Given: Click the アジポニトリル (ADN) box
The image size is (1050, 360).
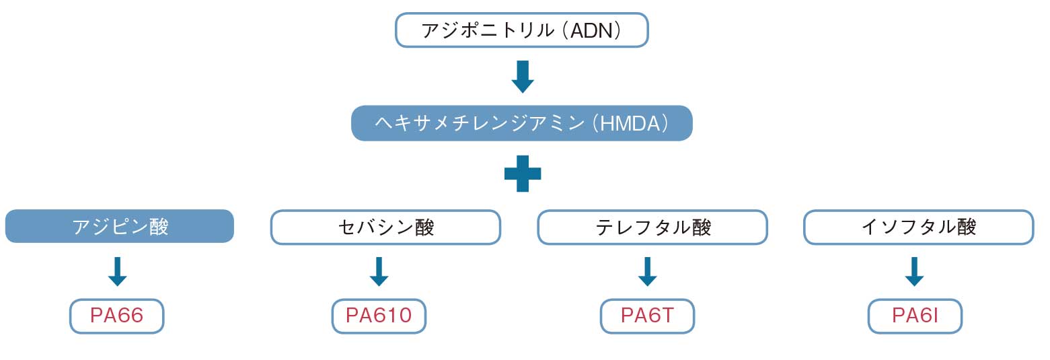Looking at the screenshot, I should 521,30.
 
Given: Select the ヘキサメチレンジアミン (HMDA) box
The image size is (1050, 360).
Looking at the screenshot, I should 521,123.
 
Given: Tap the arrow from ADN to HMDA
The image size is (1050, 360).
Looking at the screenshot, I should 522,77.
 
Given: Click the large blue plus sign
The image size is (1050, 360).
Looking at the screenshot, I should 522,174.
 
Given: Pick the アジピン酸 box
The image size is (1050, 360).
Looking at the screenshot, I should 120,227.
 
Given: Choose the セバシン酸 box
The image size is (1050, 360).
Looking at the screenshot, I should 385,227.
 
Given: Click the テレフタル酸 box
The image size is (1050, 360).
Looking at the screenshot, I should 652,227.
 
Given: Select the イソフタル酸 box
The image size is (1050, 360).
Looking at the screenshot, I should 918,227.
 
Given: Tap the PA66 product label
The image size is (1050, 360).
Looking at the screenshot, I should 117,316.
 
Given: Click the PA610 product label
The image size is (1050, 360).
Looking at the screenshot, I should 379,316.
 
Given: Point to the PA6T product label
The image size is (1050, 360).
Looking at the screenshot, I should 647,316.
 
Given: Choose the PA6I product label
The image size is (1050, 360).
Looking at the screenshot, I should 915,316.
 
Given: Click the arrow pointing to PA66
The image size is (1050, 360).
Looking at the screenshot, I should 117,271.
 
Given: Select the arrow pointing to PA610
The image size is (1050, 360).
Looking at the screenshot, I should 379,271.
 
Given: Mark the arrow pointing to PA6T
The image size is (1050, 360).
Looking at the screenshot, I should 647,271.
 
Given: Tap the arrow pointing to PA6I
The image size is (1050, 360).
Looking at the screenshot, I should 913,271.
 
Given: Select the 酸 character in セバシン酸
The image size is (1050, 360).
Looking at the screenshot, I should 424,227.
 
